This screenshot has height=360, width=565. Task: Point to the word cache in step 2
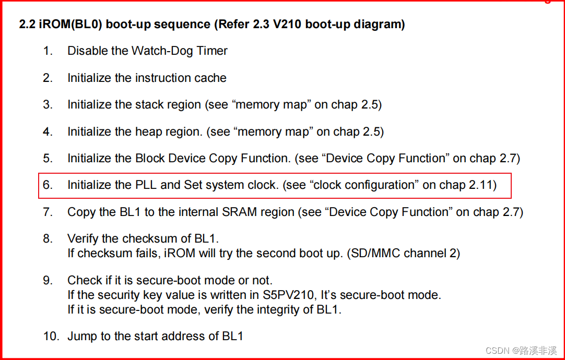210,78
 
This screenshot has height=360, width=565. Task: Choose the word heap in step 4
148,132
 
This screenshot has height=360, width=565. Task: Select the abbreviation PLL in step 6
147,185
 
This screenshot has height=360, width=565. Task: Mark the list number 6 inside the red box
48,185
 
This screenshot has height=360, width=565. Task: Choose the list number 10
51,336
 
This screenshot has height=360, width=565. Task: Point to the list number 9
48,280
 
